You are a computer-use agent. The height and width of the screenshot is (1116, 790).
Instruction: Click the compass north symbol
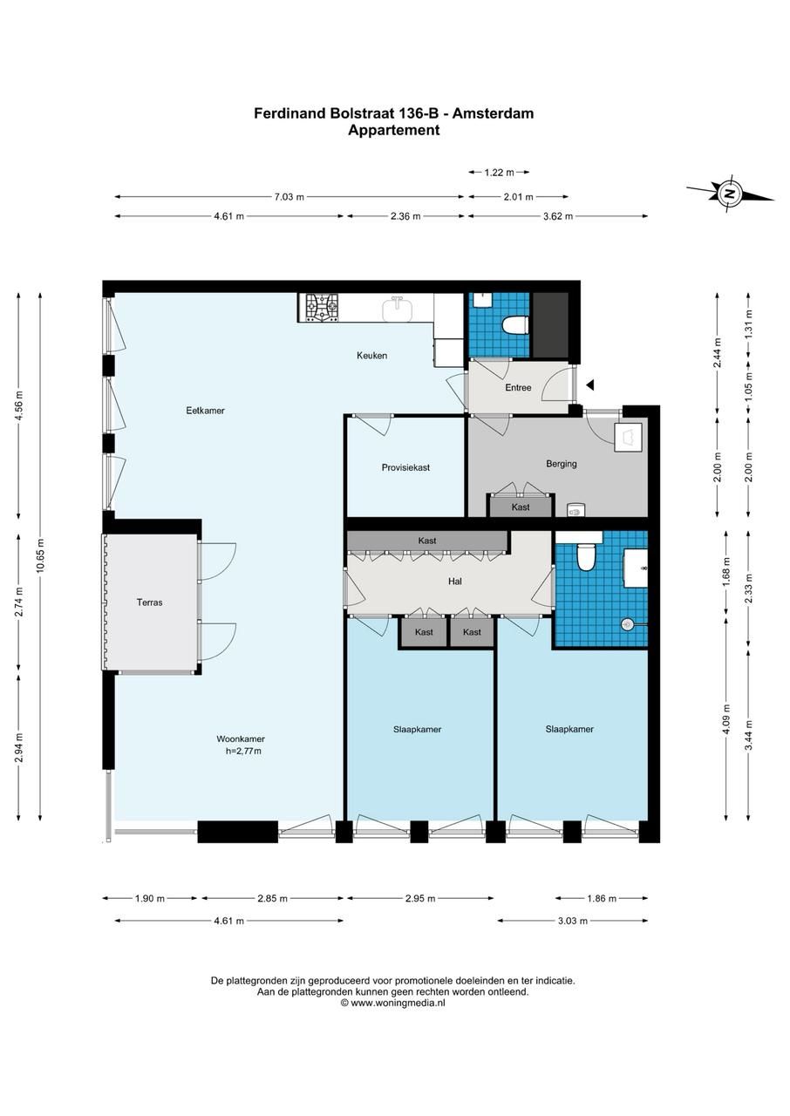click(x=730, y=193)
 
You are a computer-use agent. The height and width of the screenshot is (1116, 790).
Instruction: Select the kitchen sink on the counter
click(x=398, y=309)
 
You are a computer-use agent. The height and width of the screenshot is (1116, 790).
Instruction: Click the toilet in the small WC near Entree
click(x=515, y=325)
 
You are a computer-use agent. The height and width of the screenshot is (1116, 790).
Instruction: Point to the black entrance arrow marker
click(x=590, y=384)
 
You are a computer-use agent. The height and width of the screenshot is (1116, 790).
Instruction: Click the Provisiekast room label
click(x=405, y=467)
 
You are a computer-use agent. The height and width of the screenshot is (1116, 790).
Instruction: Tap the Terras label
click(x=149, y=602)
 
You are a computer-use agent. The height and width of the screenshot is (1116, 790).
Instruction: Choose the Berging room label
click(x=562, y=464)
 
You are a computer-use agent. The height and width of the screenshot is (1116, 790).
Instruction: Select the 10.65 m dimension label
click(x=41, y=555)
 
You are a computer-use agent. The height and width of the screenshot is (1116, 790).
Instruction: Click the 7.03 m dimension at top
click(x=289, y=197)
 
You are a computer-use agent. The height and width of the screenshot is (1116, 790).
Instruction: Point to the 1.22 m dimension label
click(x=499, y=173)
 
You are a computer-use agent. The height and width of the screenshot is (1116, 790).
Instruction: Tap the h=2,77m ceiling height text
click(x=243, y=751)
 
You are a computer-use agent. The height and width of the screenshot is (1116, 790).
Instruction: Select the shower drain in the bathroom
click(x=627, y=623)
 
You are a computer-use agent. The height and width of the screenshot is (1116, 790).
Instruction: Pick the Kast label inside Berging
click(x=521, y=507)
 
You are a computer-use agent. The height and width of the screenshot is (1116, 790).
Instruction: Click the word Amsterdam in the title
click(x=494, y=113)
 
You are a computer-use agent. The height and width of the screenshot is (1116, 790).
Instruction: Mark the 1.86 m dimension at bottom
click(x=602, y=898)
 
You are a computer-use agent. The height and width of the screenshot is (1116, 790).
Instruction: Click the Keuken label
click(x=371, y=356)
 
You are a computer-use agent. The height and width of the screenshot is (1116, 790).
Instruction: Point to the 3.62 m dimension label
click(x=558, y=215)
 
